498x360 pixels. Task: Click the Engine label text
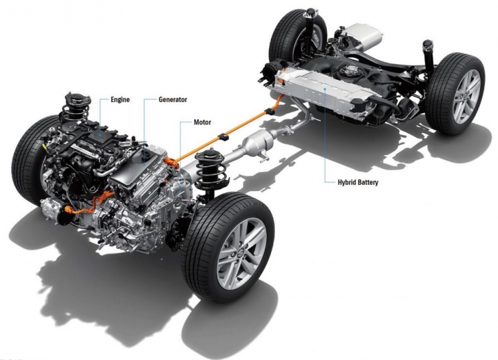point(120,100)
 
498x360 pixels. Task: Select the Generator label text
point(173,100)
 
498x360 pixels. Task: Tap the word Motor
point(202,122)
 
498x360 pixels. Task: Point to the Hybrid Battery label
point(358,182)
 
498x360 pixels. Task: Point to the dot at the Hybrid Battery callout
point(325,89)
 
